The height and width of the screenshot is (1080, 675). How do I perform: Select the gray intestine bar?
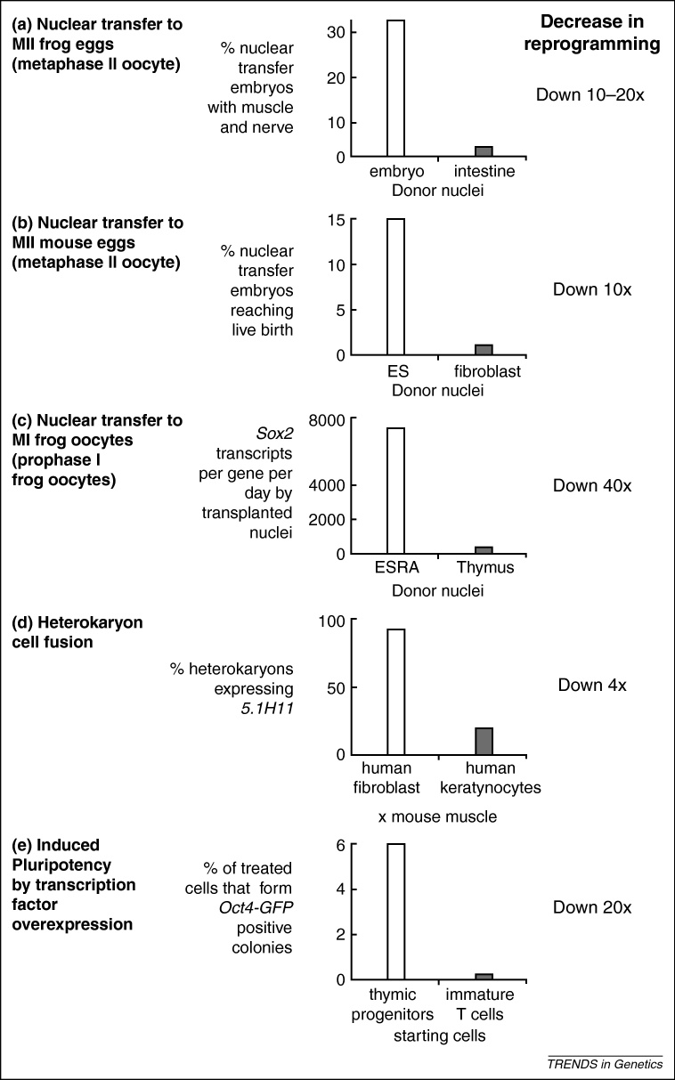pos(484,151)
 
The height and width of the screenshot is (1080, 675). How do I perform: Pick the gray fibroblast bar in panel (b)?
pos(484,350)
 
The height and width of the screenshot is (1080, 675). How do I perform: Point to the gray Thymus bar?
pos(484,549)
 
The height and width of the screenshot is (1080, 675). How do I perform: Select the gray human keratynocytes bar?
pos(484,741)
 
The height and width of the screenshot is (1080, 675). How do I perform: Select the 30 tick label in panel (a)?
pos(326,33)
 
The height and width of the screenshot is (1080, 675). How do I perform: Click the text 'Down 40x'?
pos(592,486)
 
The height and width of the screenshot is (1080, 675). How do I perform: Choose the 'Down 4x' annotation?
pos(592,685)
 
